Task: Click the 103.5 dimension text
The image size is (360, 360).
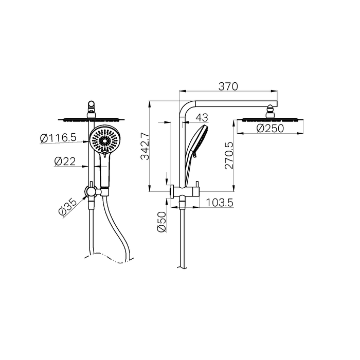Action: click(x=220, y=203)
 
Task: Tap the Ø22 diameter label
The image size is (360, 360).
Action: click(x=66, y=161)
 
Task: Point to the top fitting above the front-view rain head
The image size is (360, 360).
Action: click(x=92, y=106)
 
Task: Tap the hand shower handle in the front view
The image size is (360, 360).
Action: click(x=105, y=172)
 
